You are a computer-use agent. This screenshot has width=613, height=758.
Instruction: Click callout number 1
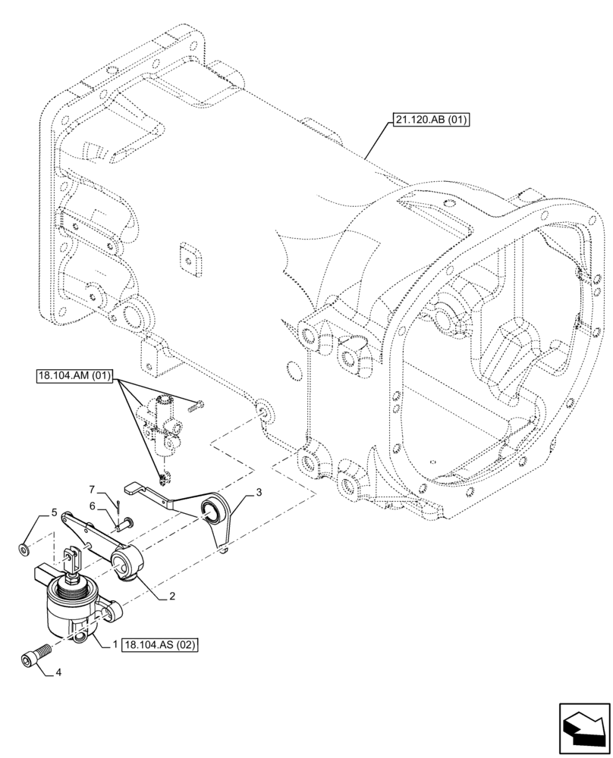click(x=114, y=644)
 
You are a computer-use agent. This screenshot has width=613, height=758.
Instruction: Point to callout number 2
click(x=172, y=597)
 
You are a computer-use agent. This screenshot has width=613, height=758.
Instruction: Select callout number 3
click(x=259, y=493)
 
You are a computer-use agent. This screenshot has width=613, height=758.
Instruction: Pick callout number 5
click(x=53, y=513)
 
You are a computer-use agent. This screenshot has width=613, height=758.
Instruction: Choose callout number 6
click(x=92, y=505)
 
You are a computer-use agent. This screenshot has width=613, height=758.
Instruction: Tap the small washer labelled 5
click(x=25, y=548)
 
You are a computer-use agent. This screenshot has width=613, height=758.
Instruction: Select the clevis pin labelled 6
click(x=125, y=522)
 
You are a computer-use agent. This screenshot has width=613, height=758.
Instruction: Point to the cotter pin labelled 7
click(x=118, y=503)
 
